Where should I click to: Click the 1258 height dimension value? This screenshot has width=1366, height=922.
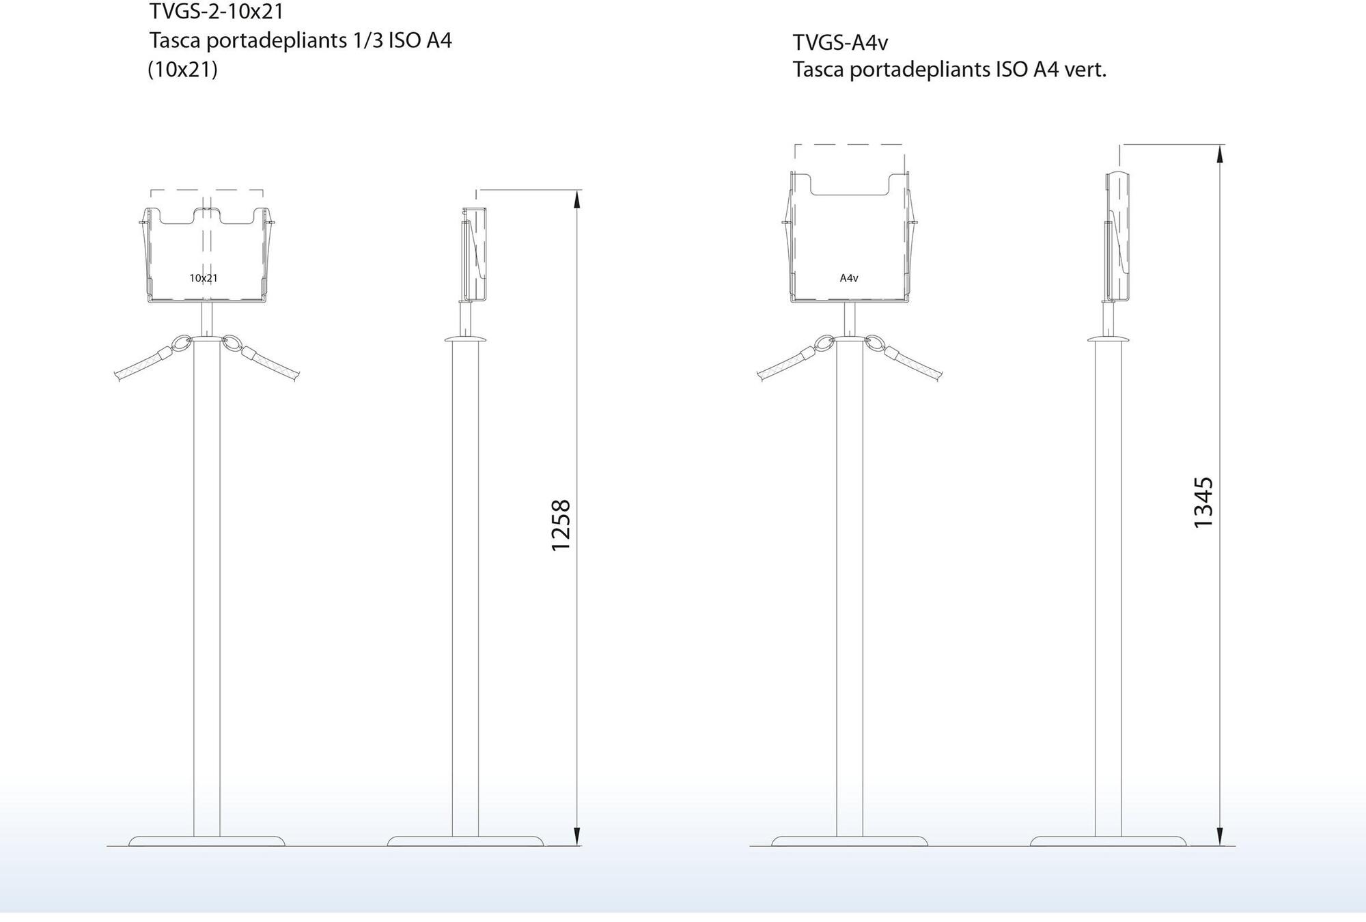coord(561,525)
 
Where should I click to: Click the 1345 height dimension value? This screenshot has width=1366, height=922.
coord(1203,503)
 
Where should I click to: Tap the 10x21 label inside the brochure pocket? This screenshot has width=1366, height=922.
coord(204,278)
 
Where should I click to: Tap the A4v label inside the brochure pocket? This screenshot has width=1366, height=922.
coord(849,278)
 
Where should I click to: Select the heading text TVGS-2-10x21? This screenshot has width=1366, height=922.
coord(217,12)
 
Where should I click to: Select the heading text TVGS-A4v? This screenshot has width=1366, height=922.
coord(840,43)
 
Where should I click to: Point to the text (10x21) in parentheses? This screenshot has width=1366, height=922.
coord(183,70)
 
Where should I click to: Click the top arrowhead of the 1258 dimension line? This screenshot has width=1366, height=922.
coord(576,199)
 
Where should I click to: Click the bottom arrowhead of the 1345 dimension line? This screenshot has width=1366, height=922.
coord(1220,836)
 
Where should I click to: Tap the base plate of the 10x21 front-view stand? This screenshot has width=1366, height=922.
coord(206,841)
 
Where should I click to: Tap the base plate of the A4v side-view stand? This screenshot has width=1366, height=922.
coord(1108,841)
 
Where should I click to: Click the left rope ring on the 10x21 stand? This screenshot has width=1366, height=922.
coord(182,343)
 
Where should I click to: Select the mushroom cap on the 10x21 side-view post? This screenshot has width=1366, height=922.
coord(465,339)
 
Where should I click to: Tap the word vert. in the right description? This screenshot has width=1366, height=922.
coord(1085,70)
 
